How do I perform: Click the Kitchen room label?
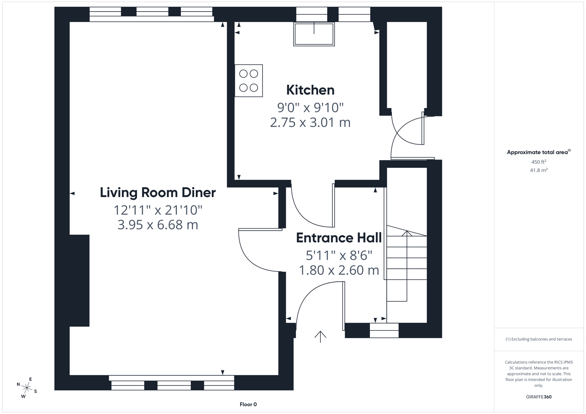click(310, 90)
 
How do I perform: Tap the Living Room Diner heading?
click(158, 192)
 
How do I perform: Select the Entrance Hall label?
click(339, 238)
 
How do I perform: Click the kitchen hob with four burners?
click(249, 80)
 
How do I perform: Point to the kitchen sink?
click(314, 34)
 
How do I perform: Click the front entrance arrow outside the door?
click(320, 336)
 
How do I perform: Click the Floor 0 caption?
click(248, 404)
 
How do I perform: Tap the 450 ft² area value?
click(538, 162)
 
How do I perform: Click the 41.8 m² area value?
click(538, 170)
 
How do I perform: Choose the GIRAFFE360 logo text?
click(538, 397)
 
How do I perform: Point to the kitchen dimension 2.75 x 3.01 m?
click(310, 122)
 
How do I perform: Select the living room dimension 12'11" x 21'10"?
click(158, 210)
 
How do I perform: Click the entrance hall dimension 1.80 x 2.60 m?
click(339, 270)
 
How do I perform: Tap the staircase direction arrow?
click(406, 233)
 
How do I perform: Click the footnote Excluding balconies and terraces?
click(538, 339)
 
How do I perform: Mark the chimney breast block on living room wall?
click(79, 281)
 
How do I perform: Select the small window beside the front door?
click(384, 330)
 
